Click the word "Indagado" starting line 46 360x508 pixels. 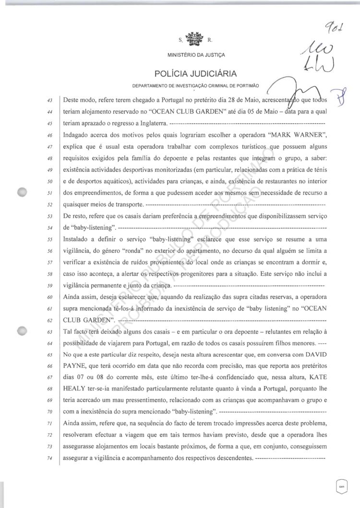pos(79,135)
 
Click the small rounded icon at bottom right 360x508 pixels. pos(342,485)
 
